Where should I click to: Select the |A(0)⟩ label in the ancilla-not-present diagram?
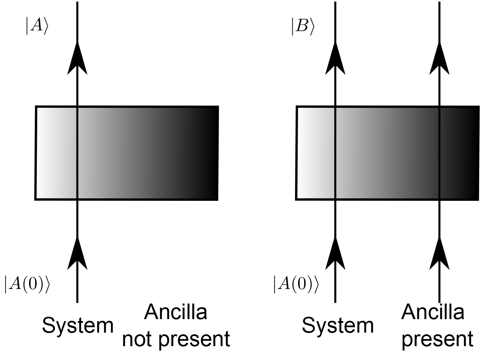point(27,284)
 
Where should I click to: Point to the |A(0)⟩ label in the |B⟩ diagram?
point(296,284)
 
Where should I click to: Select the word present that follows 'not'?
point(194,339)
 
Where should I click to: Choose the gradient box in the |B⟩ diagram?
point(387,153)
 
